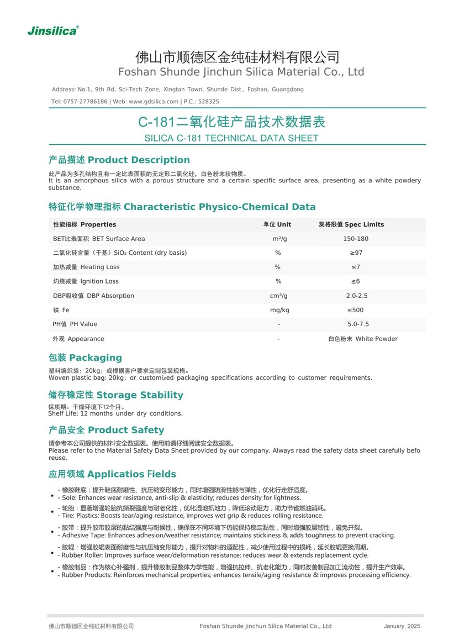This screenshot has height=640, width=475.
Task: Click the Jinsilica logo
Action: point(53,31)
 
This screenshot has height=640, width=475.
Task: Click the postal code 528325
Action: point(208,102)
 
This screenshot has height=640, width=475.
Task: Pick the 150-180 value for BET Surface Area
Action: point(355,239)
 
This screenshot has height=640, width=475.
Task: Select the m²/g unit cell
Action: point(279,239)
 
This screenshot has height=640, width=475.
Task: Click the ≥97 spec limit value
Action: point(356,253)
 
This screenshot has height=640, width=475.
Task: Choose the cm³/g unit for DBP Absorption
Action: point(278,296)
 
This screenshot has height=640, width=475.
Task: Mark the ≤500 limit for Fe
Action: point(355,310)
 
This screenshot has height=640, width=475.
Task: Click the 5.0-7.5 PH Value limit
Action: point(358,324)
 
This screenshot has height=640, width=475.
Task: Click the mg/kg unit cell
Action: point(279,310)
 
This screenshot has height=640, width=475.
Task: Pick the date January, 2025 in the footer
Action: point(402,626)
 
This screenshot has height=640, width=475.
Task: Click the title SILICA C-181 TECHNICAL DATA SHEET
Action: point(231,138)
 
